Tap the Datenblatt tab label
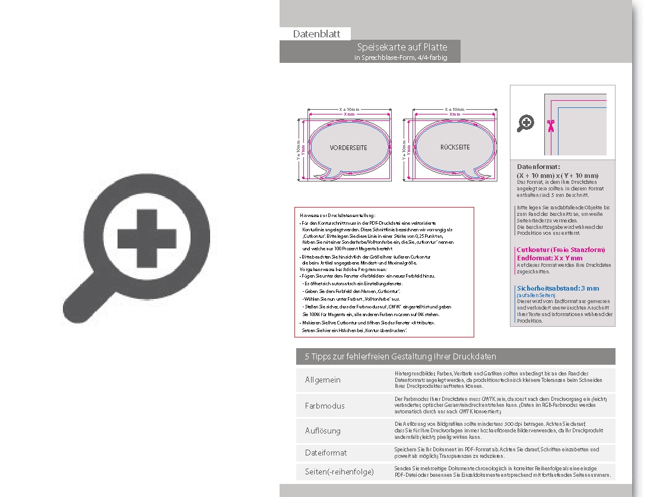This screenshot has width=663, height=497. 316,34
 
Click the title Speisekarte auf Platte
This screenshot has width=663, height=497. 402,47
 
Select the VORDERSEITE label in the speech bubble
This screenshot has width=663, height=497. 348,148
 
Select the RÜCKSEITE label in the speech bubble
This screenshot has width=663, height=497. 455,147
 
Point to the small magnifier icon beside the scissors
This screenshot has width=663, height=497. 526,123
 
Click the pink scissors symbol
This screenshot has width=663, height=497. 550,125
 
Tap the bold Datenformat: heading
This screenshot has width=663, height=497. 538,167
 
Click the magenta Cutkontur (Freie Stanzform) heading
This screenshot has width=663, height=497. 561,250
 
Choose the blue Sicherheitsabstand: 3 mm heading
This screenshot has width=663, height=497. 558,289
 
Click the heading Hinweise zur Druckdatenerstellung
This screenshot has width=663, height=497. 338,215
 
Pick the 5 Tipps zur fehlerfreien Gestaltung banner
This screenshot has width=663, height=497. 401,356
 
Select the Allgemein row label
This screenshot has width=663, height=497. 323,380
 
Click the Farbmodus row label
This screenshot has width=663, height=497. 325,406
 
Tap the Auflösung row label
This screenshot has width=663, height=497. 323,431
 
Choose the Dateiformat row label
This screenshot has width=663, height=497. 326,453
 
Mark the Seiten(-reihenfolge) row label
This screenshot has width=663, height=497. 339,471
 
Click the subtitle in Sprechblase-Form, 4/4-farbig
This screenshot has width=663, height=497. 401,58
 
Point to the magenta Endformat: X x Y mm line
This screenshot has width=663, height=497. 550,258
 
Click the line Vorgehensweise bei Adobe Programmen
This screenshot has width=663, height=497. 336,269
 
